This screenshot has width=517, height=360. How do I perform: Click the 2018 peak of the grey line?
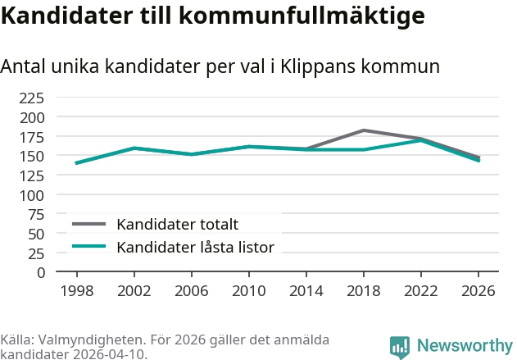pos(363,130)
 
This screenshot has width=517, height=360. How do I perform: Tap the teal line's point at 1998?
pos(76,163)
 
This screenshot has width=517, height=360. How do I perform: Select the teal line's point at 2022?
pos(420,140)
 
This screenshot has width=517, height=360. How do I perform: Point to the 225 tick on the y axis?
pos(32,98)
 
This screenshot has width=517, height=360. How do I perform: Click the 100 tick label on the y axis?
pos(32,195)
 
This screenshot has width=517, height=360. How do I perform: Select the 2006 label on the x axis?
pos(191,291)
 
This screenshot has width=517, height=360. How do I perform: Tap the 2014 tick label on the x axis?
pos(306,291)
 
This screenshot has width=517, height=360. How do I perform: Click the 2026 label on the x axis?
pos(478,291)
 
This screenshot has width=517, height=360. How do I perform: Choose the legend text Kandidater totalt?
pos(177,224)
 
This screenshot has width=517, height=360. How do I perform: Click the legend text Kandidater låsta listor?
pos(195,247)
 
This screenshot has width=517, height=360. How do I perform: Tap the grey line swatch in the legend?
pos(89,224)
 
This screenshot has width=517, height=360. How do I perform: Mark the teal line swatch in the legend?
pos(89,247)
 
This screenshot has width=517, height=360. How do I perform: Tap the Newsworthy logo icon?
pos(400,347)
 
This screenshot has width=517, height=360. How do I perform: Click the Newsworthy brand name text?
pos(464,346)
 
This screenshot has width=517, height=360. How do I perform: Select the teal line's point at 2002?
pos(134,148)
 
